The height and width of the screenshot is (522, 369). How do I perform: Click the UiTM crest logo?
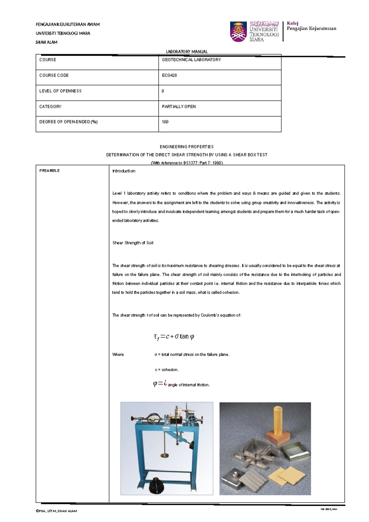[238, 32]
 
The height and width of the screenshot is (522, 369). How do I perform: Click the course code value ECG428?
[169, 75]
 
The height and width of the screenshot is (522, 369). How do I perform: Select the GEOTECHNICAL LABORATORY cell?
[191, 60]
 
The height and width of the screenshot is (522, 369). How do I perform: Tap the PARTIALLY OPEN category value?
[179, 106]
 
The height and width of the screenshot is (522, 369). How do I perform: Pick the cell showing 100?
[165, 122]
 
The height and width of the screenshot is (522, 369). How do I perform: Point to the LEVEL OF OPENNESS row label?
[60, 91]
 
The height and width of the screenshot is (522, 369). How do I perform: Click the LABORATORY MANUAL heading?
[187, 52]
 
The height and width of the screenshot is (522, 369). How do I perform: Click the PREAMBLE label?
[50, 171]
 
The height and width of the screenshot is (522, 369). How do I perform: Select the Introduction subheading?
[124, 171]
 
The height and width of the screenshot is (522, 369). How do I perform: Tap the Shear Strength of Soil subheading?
[133, 243]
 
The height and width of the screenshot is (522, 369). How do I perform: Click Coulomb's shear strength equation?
[174, 337]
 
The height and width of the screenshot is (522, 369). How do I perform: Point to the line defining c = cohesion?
[167, 370]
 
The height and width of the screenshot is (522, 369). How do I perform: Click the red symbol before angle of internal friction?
[165, 383]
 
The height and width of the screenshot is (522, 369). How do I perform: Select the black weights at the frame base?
[157, 486]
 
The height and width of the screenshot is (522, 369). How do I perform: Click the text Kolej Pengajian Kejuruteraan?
[311, 26]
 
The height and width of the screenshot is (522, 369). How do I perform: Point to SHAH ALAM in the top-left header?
[46, 42]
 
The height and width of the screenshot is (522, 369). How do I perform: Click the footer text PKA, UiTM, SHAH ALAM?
[57, 511]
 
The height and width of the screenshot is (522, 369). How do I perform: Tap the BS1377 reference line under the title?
[187, 163]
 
